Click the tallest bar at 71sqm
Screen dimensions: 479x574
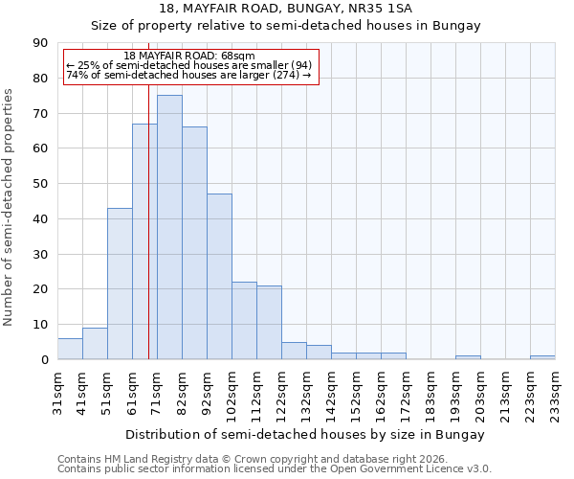[x=169, y=227]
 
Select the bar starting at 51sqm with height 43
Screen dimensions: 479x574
[x=120, y=284]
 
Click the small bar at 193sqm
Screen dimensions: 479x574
[x=468, y=357]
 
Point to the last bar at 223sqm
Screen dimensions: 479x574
[x=542, y=357]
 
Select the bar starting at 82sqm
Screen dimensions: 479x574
[x=194, y=243]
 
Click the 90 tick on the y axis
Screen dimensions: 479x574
[x=40, y=43]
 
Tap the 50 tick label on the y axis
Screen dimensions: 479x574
[x=40, y=184]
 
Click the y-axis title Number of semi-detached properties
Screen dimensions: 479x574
[x=10, y=206]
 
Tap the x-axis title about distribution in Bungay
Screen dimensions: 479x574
[x=305, y=434]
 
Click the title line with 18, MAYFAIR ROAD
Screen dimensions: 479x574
[x=285, y=9]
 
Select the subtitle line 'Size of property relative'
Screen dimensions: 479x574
[x=285, y=26]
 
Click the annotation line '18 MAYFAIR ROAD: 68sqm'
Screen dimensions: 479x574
[x=189, y=57]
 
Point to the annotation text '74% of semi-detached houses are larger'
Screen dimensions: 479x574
[x=189, y=75]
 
